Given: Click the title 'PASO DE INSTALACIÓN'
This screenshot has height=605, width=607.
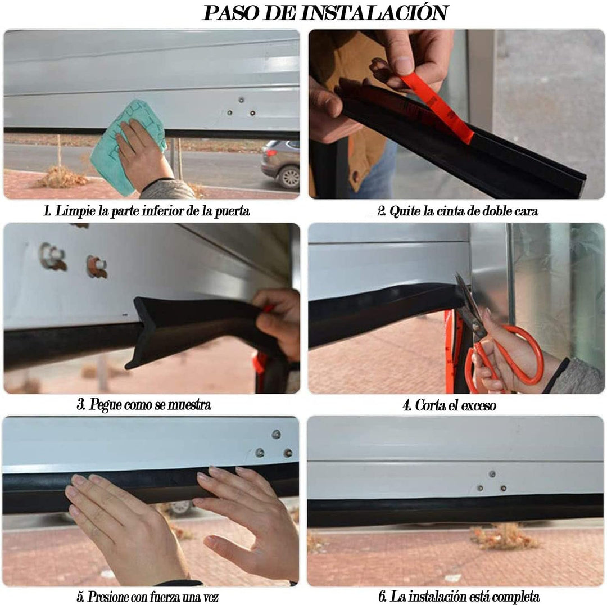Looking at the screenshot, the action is [325, 13].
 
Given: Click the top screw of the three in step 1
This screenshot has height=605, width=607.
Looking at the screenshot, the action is [241, 100].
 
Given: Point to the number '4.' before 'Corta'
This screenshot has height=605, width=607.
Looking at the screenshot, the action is [407, 406].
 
